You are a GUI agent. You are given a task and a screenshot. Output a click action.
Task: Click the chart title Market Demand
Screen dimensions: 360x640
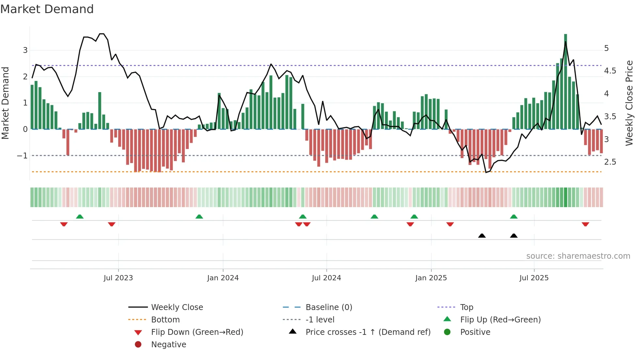tap(47, 9)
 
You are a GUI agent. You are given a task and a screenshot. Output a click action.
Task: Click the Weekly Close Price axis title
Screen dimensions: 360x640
tap(629, 103)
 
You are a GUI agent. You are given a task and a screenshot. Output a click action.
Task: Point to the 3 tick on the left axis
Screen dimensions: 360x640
tap(25, 50)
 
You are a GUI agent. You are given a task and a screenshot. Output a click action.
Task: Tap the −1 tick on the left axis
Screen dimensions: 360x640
tap(22, 156)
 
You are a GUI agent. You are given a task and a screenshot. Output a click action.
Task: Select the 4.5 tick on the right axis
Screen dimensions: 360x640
tap(610, 71)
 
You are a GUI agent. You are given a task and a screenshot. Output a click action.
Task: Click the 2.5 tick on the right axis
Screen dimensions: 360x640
tap(610, 162)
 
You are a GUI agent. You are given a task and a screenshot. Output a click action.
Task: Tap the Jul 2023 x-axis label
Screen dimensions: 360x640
tap(118, 278)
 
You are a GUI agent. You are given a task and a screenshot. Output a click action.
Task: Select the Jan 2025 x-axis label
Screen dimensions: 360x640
tap(431, 278)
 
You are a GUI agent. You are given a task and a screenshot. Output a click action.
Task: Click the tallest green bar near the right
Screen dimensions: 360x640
tap(566, 82)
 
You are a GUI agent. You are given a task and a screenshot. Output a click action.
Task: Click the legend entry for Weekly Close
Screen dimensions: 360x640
tap(177, 307)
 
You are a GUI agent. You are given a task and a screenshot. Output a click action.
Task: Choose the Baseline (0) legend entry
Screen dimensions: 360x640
tap(328, 307)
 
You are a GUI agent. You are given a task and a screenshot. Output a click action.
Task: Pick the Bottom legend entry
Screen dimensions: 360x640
tap(165, 320)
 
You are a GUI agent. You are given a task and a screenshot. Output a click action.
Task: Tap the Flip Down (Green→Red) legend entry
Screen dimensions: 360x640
tap(197, 332)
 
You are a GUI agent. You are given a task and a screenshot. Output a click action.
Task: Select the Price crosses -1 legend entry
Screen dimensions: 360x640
tap(368, 332)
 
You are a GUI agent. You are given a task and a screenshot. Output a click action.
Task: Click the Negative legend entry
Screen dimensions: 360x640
tap(168, 345)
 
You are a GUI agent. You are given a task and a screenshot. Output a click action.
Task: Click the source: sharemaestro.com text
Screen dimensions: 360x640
tap(578, 256)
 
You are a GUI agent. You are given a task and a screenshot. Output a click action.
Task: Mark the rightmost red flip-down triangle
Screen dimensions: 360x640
tap(585, 224)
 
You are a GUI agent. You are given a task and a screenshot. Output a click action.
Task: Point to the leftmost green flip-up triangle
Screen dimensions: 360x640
tap(80, 216)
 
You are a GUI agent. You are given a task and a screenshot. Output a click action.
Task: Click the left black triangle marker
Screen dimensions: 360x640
tap(482, 236)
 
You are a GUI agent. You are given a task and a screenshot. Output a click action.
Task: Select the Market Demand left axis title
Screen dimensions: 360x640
tap(6, 103)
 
